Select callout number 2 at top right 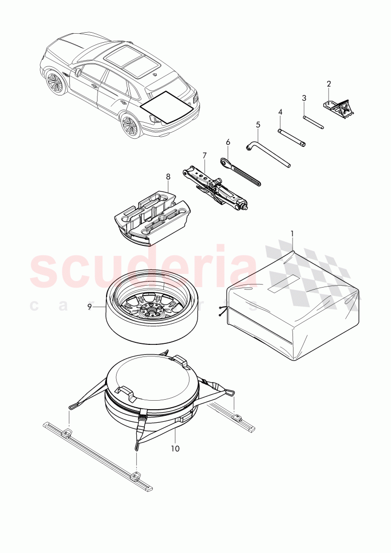click(x=329, y=84)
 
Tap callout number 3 click(x=304, y=98)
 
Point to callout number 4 click(x=280, y=111)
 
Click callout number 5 click(x=258, y=124)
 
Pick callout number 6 click(x=228, y=142)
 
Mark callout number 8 click(x=168, y=176)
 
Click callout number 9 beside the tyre click(x=90, y=306)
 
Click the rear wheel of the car click(x=131, y=126)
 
